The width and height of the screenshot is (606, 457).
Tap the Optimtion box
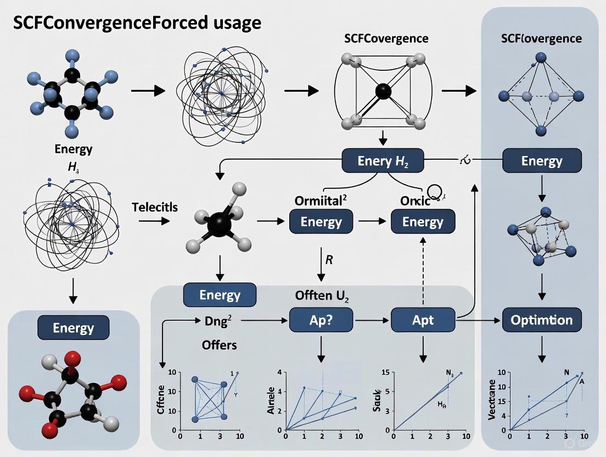pyautogui.click(x=542, y=320)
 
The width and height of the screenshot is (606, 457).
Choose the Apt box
pyautogui.click(x=423, y=320)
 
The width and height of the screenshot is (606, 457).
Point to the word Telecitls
pyautogui.click(x=155, y=207)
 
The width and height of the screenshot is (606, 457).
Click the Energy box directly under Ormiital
pyautogui.click(x=321, y=222)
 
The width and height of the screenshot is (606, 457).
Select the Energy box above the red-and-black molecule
pyautogui.click(x=73, y=328)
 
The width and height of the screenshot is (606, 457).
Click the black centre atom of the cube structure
pyautogui.click(x=384, y=92)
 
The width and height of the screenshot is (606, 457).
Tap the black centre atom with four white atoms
pyautogui.click(x=218, y=225)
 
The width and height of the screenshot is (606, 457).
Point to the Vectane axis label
pyautogui.click(x=492, y=399)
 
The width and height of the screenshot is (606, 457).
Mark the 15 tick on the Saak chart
pyautogui.click(x=385, y=374)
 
